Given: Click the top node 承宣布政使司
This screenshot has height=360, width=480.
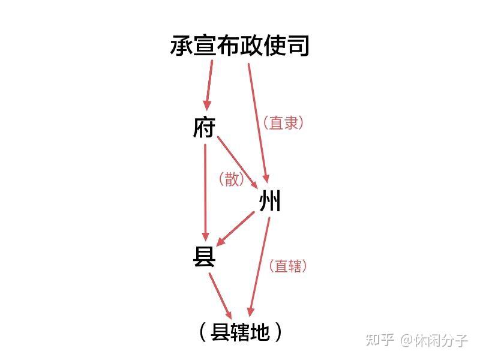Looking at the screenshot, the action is (239, 46).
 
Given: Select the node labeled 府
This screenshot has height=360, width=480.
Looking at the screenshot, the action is (204, 127).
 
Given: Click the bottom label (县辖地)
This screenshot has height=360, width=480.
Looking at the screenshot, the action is (240, 332).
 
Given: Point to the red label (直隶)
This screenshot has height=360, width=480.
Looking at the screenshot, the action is (283, 123).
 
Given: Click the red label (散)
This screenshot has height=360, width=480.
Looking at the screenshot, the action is (232, 179).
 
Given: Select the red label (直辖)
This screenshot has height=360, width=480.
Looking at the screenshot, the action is (287, 266).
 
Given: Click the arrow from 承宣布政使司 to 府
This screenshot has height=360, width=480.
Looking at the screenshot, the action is (209, 84).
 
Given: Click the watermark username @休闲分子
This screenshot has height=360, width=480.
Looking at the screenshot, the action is (434, 340).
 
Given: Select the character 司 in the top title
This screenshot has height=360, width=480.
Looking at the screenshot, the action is (298, 46).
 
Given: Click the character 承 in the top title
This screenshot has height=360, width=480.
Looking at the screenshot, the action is (181, 46).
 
